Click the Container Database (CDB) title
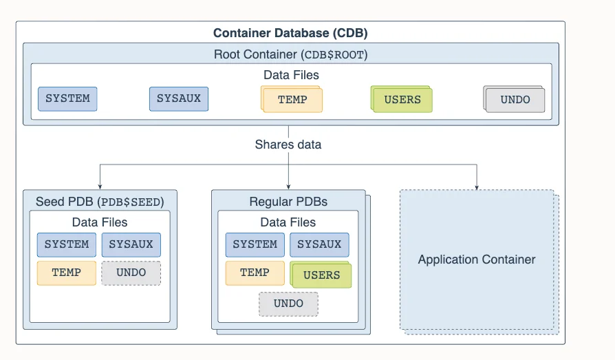pyautogui.click(x=290, y=33)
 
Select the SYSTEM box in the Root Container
pyautogui.click(x=67, y=99)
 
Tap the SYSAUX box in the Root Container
pyautogui.click(x=179, y=99)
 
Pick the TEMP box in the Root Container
pyautogui.click(x=292, y=99)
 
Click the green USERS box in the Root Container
pyautogui.click(x=402, y=99)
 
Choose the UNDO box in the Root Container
pyautogui.click(x=514, y=99)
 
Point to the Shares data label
pyautogui.click(x=288, y=145)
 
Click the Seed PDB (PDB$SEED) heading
pyautogui.click(x=100, y=202)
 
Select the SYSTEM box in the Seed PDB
pyautogui.click(x=67, y=244)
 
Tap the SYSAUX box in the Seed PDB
pyautogui.click(x=131, y=244)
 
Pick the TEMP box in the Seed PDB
pyautogui.click(x=67, y=273)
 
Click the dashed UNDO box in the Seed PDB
pyautogui.click(x=131, y=273)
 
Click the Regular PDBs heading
pyautogui.click(x=288, y=202)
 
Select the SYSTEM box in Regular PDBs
pyautogui.click(x=255, y=244)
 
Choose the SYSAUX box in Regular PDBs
pyautogui.click(x=319, y=244)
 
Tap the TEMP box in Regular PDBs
pyautogui.click(x=255, y=273)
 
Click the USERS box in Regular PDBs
pyautogui.click(x=321, y=275)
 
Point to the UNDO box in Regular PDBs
pyautogui.click(x=289, y=304)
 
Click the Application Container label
pyautogui.click(x=477, y=260)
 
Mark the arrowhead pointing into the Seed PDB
pyautogui.click(x=100, y=187)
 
